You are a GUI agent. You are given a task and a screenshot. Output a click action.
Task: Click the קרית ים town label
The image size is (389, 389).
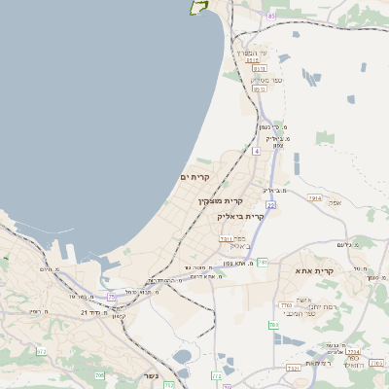click(195, 176)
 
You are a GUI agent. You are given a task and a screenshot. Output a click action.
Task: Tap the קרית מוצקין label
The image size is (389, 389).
click(219, 200)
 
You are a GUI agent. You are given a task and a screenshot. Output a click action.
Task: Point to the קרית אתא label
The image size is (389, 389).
click(318, 271)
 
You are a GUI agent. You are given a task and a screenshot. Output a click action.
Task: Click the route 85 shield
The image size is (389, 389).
click(270, 16)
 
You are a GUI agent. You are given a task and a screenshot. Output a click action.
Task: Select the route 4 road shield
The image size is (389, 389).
click(256, 151)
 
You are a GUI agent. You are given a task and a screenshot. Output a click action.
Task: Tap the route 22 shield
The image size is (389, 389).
click(270, 205)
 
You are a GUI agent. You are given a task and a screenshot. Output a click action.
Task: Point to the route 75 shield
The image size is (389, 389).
click(111, 296)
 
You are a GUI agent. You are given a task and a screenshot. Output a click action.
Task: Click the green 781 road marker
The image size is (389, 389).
click(262, 263)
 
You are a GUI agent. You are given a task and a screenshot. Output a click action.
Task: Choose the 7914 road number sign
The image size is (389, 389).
click(313, 197)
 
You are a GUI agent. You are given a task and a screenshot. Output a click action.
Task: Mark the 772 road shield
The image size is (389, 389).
click(215, 375)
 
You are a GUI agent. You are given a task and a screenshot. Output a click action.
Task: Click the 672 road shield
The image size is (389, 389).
click(41, 351)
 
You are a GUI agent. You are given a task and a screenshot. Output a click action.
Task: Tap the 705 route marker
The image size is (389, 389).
click(99, 375)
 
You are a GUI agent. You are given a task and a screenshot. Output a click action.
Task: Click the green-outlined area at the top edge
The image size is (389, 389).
click(200, 6)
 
